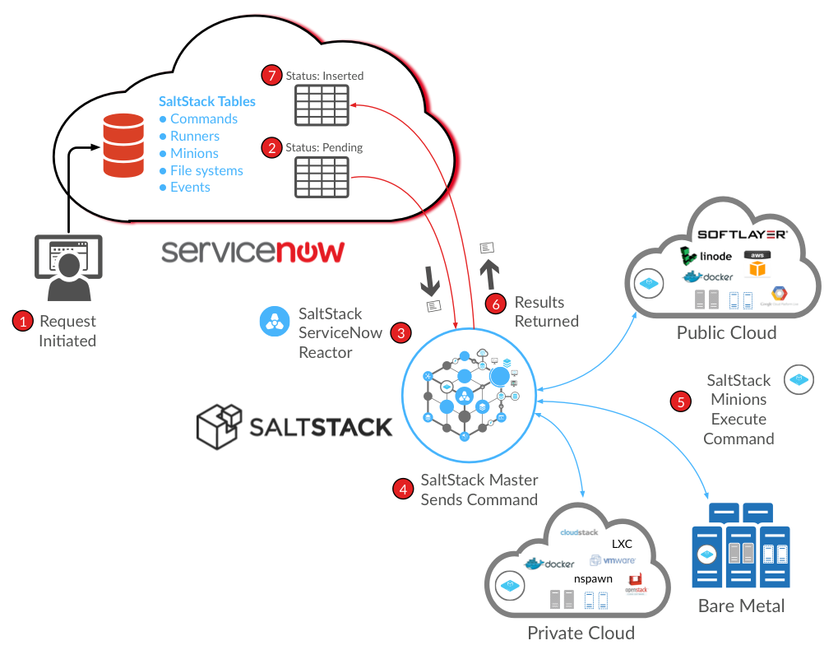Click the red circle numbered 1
click(x=22, y=322)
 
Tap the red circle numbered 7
click(x=271, y=75)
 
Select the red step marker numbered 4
click(x=402, y=490)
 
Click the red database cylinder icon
click(x=123, y=146)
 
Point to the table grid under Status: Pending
click(x=322, y=177)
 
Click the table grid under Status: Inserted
click(x=322, y=104)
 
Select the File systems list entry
click(x=206, y=171)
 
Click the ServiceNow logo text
click(x=252, y=251)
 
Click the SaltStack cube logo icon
click(x=218, y=425)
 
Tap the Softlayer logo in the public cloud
click(x=743, y=234)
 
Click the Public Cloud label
click(x=726, y=333)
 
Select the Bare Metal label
click(x=741, y=607)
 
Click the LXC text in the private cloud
click(x=622, y=545)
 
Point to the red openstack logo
click(x=637, y=584)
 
